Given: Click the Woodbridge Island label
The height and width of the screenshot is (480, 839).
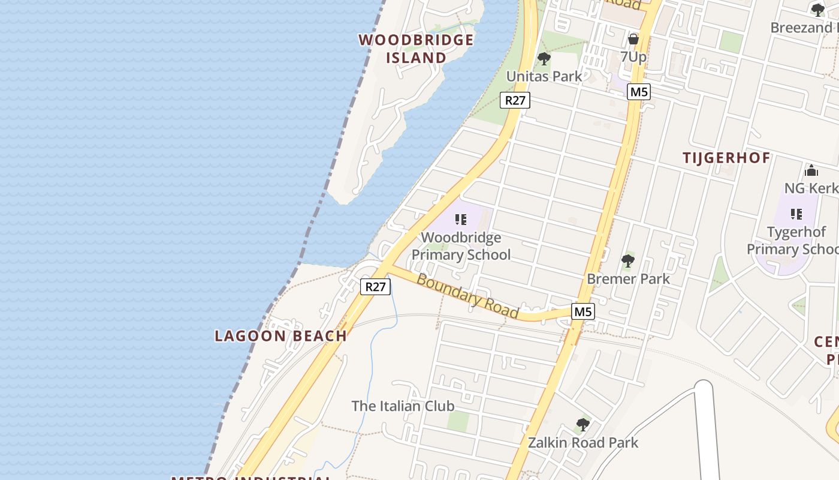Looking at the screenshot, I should [416, 49].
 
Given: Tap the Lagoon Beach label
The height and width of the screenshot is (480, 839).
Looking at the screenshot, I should [280, 336].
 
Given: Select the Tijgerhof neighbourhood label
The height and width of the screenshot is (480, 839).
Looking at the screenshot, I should [726, 158].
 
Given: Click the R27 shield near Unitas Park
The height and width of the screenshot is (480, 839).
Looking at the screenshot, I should [515, 100].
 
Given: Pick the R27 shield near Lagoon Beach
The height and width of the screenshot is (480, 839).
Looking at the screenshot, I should [376, 287].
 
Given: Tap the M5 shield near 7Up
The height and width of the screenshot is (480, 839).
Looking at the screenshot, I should [639, 92].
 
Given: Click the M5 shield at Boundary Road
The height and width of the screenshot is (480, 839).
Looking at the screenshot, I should [583, 311].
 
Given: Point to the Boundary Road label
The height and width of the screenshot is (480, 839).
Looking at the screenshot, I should [467, 296].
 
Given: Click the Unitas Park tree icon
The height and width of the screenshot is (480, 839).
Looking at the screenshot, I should [544, 59].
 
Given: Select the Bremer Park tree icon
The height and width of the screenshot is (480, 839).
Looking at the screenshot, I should [628, 261].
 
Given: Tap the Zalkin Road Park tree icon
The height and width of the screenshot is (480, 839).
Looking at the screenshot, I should [583, 425].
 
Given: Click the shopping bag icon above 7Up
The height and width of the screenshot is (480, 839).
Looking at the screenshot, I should [633, 40].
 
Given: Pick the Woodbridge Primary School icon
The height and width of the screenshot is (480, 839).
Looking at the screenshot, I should [461, 220].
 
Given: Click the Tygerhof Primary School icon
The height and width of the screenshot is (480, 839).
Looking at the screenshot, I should [796, 214].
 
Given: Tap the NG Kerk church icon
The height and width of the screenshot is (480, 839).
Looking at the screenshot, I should [811, 171].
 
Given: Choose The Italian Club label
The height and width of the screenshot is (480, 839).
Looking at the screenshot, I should [403, 406].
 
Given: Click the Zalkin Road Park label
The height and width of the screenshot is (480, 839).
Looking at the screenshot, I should [583, 443].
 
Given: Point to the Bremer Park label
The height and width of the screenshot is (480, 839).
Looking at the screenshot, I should [628, 279].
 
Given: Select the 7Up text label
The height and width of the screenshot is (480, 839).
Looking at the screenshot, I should [633, 57].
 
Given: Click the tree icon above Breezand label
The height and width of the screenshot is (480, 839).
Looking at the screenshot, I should [817, 10].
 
